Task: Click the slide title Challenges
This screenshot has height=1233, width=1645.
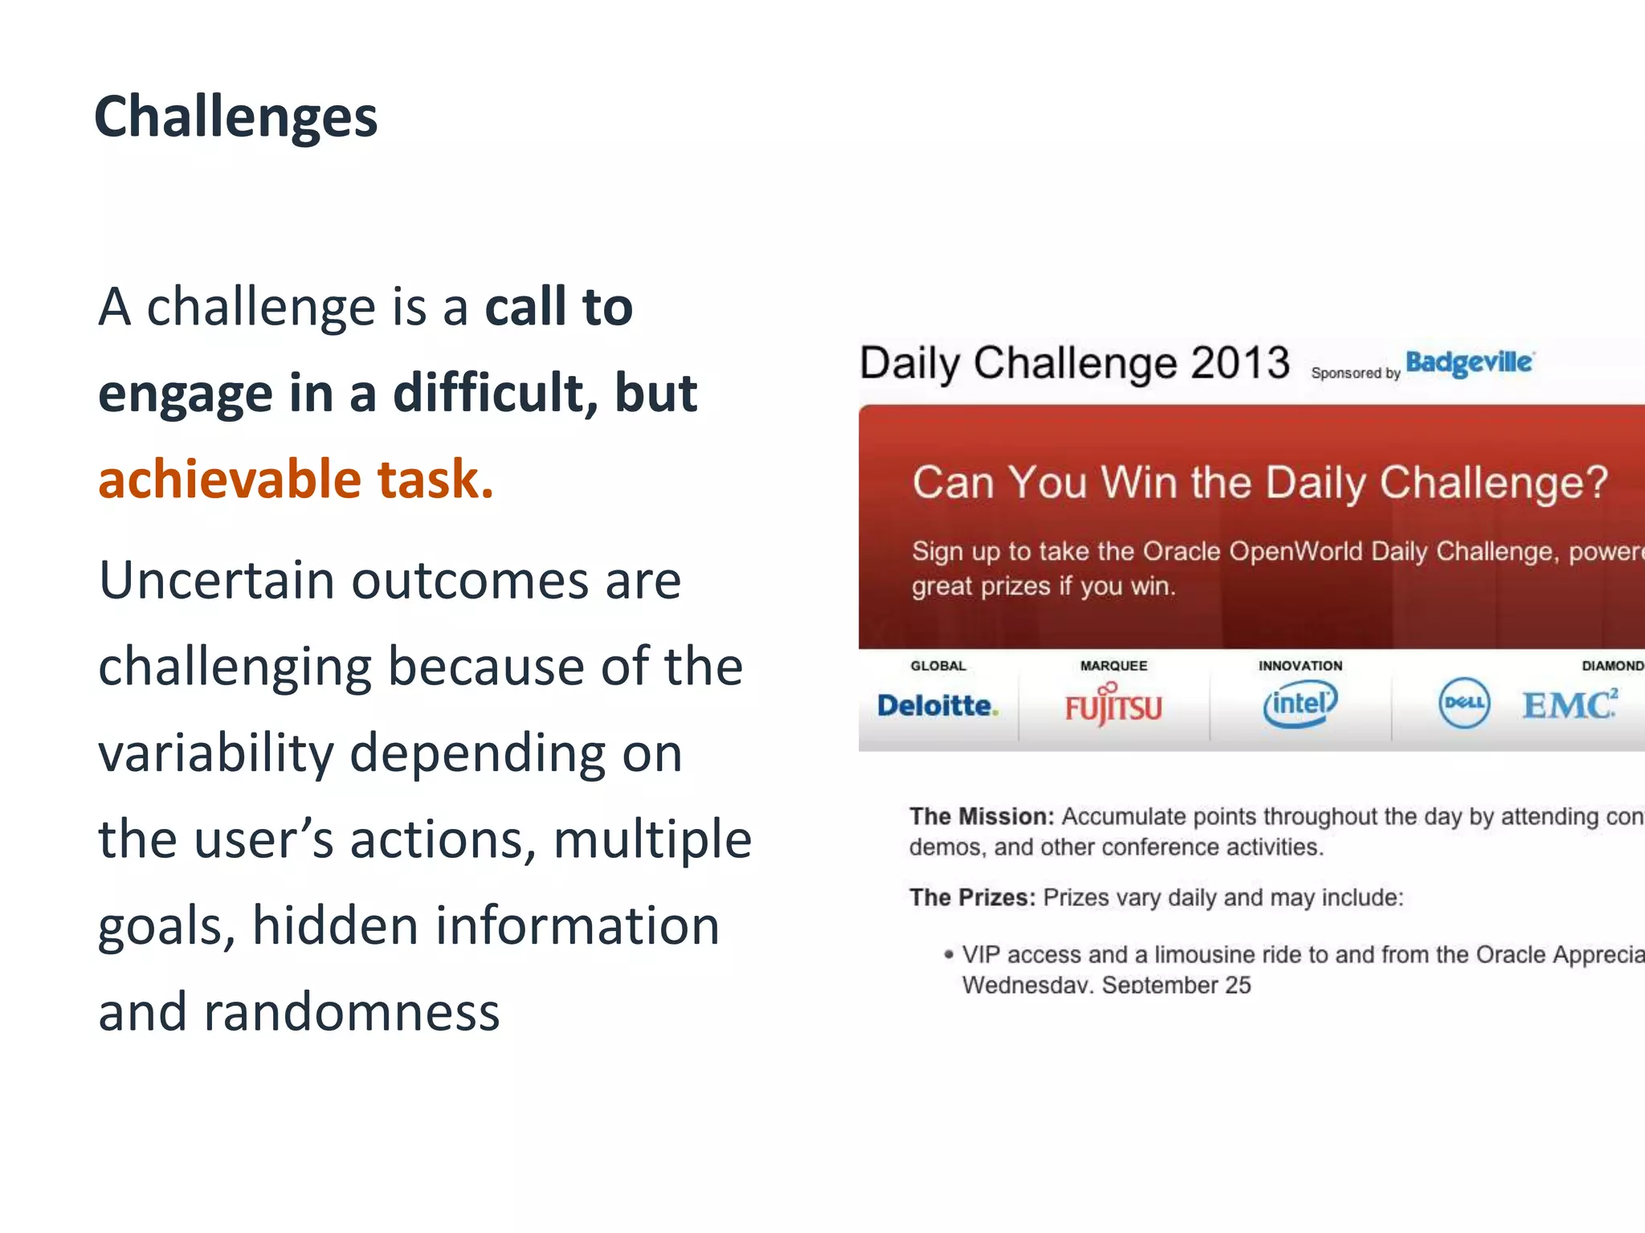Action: click(x=235, y=117)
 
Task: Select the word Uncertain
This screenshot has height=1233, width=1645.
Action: click(x=216, y=580)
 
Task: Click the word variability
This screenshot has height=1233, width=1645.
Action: click(x=215, y=754)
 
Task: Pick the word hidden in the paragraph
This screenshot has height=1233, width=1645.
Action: click(x=334, y=925)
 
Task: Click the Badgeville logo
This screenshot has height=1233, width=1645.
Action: click(x=1468, y=363)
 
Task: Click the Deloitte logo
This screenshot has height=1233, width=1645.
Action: click(x=937, y=705)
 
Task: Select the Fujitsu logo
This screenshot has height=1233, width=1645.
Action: click(x=1112, y=706)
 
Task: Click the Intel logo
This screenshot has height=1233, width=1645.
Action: click(x=1300, y=704)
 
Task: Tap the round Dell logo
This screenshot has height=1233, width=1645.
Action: click(x=1463, y=703)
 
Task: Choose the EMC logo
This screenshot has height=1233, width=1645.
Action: click(x=1569, y=704)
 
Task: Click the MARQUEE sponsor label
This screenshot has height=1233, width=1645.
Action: click(x=1113, y=666)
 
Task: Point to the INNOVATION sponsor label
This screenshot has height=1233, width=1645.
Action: click(x=1300, y=666)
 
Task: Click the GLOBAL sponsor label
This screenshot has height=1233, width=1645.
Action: click(x=937, y=666)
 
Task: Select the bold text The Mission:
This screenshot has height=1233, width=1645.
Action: click(x=981, y=817)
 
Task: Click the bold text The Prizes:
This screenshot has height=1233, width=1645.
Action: click(x=972, y=897)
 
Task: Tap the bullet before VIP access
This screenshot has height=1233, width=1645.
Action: click(x=949, y=954)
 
